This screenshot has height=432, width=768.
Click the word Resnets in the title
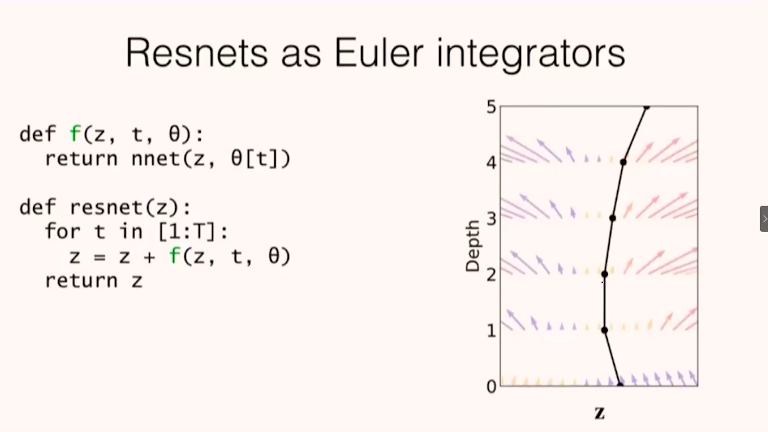pos(197,53)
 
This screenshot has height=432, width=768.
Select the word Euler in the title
pos(379,53)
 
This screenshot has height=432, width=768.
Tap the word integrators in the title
pos(531,55)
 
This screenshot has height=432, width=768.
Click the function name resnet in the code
pos(106,207)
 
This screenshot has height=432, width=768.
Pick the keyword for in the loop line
pos(63,231)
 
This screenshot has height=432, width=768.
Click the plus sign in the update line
pos(149,257)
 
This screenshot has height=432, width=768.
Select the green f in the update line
pos(175,256)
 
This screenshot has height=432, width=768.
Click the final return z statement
pos(94,280)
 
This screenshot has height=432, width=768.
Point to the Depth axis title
pos(472,246)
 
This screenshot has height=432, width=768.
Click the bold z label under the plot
pos(600,412)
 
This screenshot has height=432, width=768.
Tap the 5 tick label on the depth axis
pos(491,107)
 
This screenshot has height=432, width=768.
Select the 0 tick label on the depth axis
pos(491,386)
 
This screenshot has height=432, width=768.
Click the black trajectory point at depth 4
pos(623,162)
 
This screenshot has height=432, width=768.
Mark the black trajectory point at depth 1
pos(604,330)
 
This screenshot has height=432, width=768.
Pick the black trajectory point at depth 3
pos(612,218)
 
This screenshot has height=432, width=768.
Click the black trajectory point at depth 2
pos(604,274)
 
